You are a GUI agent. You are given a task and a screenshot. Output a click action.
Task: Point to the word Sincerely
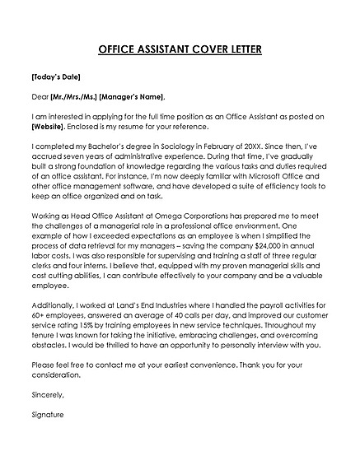[48, 396]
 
